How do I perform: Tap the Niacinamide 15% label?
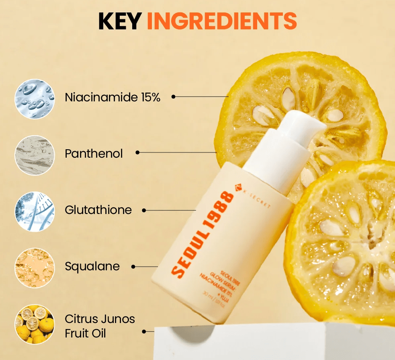(113, 97)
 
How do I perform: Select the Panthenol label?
(94, 153)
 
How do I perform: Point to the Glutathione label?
(98, 210)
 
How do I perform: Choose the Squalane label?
(92, 266)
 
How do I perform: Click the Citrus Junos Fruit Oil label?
(100, 326)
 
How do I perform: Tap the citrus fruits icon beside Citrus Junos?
(35, 324)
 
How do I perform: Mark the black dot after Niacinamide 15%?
(174, 97)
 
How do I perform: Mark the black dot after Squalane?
(133, 266)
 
